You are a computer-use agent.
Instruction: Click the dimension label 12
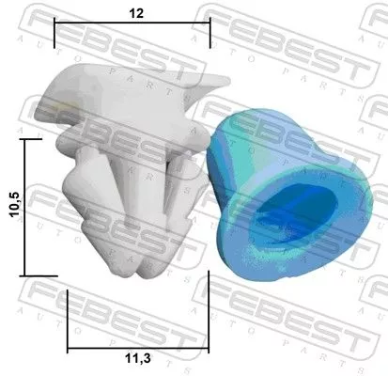[x=136, y=15]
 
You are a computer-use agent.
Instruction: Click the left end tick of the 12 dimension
[x=56, y=36]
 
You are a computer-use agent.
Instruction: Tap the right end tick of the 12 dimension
[x=210, y=36]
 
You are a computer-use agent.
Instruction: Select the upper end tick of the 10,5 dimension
[x=31, y=138]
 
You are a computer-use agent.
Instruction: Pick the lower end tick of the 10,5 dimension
[x=31, y=274]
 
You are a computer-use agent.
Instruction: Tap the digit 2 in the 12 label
[x=141, y=15]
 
